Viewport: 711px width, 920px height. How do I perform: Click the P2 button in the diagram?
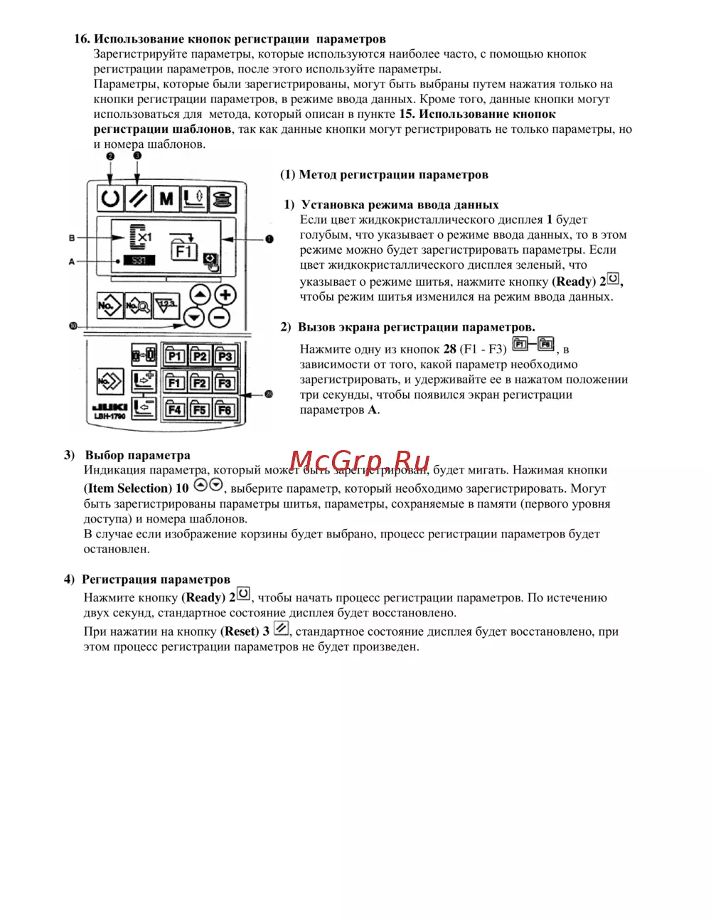point(200,355)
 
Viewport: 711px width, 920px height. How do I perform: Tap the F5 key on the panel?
point(200,410)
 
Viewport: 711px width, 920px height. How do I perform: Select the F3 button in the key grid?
point(225,383)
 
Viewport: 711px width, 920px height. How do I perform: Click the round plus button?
point(225,296)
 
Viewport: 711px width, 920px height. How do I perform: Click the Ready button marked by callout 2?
point(109,198)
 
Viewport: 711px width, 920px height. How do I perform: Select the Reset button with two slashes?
point(137,198)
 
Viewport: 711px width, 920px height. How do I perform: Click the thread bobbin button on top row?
point(222,198)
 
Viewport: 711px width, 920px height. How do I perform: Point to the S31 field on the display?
point(139,261)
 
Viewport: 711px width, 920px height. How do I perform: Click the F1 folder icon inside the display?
point(184,250)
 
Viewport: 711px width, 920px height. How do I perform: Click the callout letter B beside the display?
point(72,237)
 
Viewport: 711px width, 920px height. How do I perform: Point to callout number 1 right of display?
point(269,239)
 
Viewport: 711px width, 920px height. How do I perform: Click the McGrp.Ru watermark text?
point(360,462)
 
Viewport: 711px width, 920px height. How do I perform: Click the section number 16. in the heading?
point(82,39)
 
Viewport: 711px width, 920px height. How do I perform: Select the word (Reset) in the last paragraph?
point(239,631)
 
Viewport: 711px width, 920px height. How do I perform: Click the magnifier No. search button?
point(137,306)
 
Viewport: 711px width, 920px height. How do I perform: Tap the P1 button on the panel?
point(175,355)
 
